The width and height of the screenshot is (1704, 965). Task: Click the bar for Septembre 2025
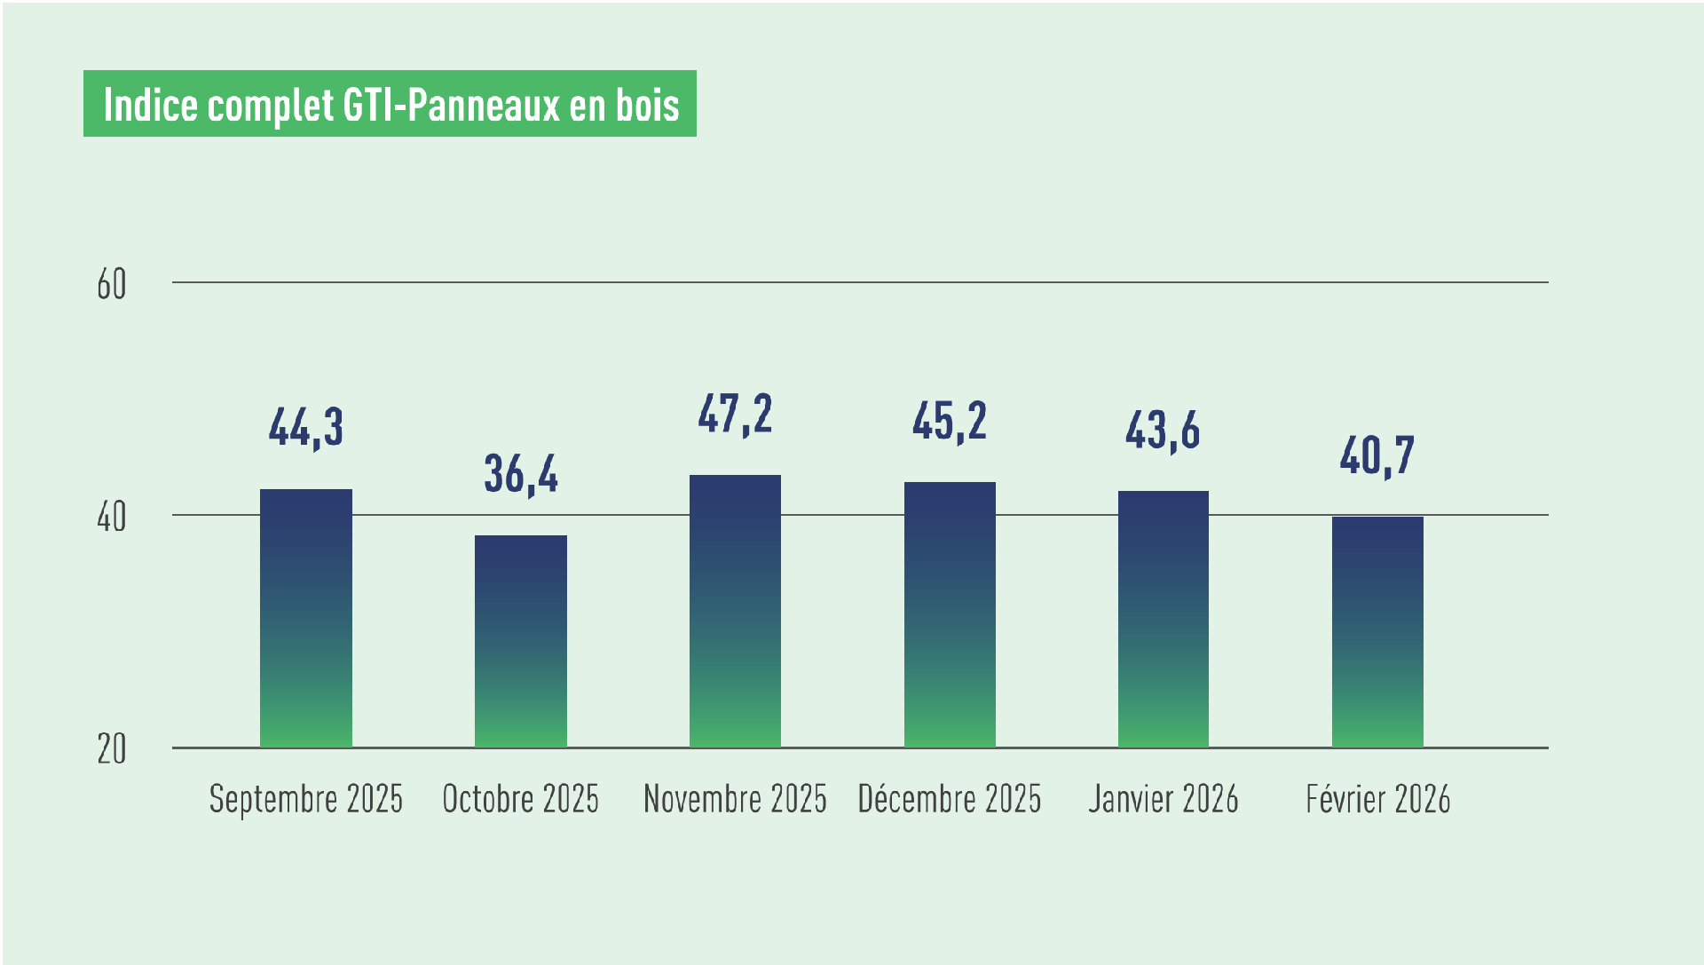point(306,618)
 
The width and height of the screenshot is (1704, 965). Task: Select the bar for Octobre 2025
point(521,641)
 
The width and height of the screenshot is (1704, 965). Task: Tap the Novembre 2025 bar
point(735,611)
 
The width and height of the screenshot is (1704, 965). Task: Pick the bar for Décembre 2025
point(950,614)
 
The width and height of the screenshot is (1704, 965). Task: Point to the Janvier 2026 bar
point(1164,619)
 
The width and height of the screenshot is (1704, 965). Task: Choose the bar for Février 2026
point(1377,632)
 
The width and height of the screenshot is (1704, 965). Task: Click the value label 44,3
point(306,427)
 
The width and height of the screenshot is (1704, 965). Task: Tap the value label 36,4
point(521,474)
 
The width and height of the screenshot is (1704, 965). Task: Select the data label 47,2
point(735,414)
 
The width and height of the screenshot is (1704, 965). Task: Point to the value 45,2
point(950,421)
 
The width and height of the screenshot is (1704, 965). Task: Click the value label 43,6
point(1163,431)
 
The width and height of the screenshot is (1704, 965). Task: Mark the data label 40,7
point(1377,456)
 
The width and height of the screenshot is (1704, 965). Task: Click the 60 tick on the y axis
point(112,285)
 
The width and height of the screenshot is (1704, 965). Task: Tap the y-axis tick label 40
point(112,517)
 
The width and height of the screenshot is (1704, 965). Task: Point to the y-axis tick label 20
point(112,750)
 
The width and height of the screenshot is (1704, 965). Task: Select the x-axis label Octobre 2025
point(521,799)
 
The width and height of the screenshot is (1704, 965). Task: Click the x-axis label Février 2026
point(1377,799)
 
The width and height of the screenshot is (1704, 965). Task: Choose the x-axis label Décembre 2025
point(950,799)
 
